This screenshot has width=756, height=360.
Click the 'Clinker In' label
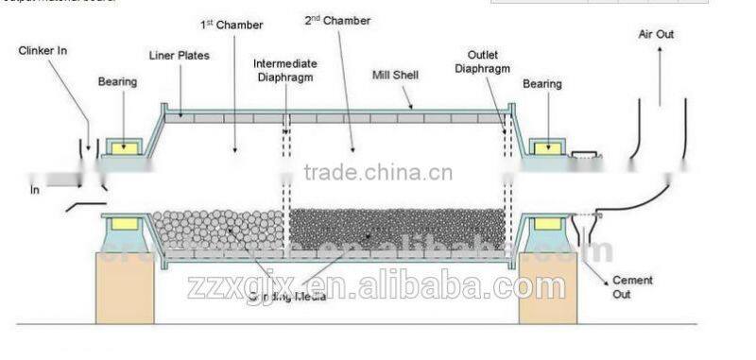(42, 50)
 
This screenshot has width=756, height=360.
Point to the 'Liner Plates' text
(179, 56)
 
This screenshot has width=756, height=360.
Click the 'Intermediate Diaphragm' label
(284, 69)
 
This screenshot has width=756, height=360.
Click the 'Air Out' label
(657, 35)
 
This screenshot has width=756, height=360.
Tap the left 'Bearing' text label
(117, 82)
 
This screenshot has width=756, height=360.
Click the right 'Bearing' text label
(543, 84)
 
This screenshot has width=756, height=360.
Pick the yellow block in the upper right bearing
(545, 147)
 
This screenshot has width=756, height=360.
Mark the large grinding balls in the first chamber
(218, 231)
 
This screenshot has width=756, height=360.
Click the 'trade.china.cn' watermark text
(378, 173)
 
